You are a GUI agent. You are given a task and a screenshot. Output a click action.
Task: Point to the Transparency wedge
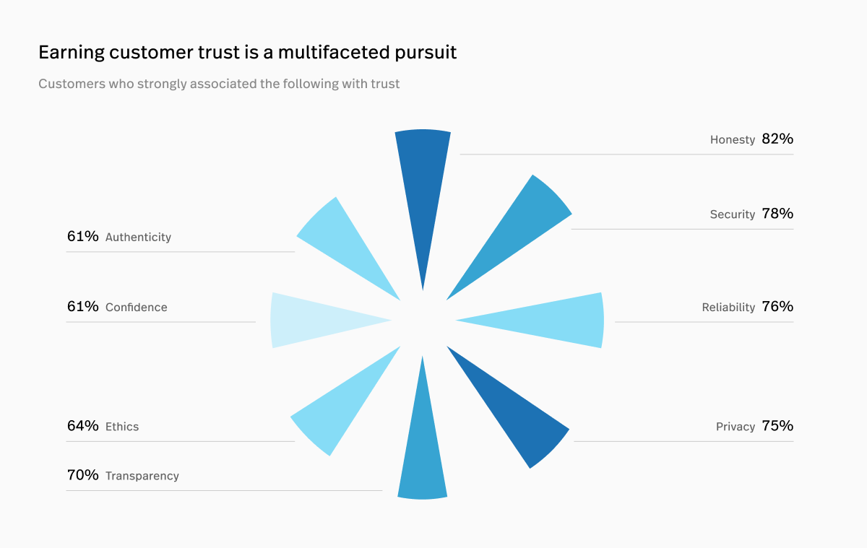423,455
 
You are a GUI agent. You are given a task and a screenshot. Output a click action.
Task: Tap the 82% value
777,139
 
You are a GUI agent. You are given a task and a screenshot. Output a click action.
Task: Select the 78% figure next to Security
777,214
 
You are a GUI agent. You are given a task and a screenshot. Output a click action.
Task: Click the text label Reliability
728,308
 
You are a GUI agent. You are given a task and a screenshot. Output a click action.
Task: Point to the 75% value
777,426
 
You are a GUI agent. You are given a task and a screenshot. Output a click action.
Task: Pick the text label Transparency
142,476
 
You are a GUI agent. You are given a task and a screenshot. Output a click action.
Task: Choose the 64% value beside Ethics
82,426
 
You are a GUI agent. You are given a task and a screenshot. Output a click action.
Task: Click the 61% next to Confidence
82,307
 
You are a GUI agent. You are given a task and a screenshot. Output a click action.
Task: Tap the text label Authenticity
138,237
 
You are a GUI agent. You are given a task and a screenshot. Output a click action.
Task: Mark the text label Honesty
732,140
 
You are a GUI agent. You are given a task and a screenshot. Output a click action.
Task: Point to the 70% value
82,475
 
